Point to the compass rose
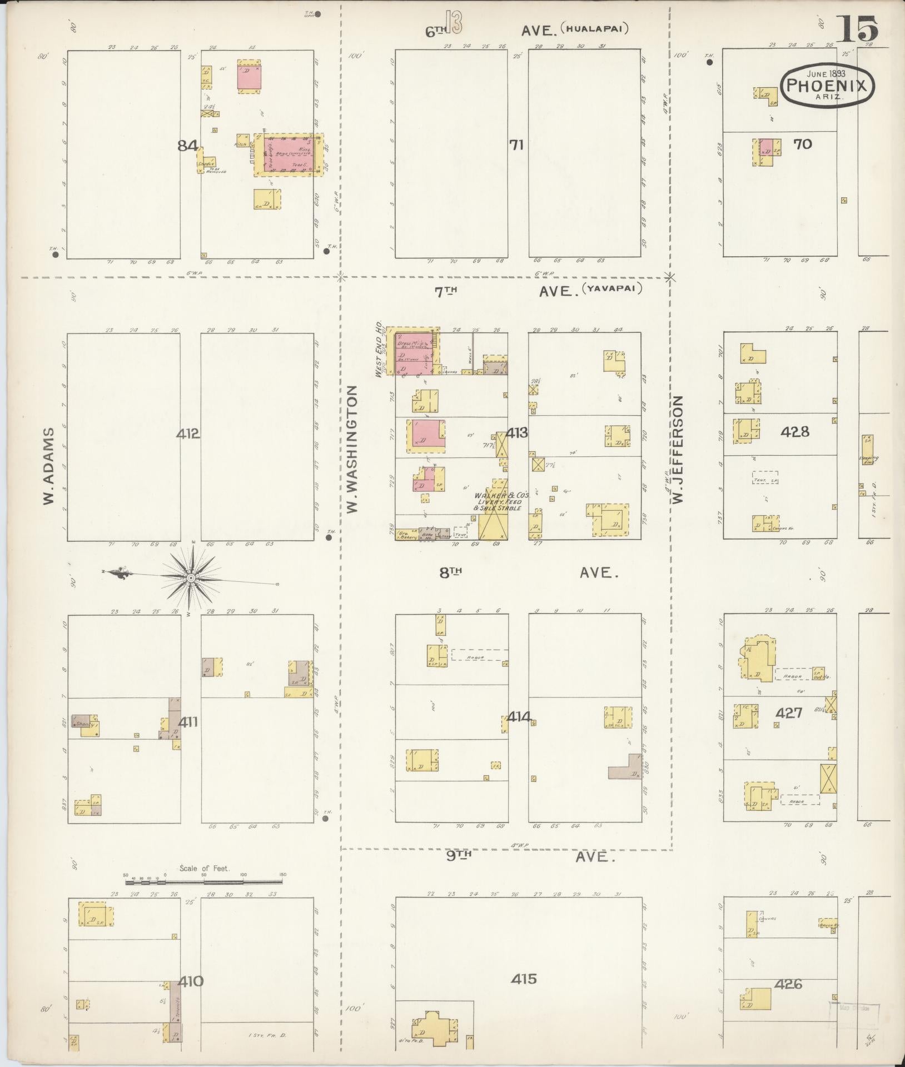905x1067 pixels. click(x=191, y=578)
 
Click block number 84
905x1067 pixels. click(x=188, y=146)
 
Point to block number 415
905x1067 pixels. click(x=524, y=978)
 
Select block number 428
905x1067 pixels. click(x=795, y=431)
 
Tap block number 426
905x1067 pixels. click(x=788, y=984)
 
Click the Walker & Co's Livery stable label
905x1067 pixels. click(x=498, y=501)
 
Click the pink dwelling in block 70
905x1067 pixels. click(x=766, y=147)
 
